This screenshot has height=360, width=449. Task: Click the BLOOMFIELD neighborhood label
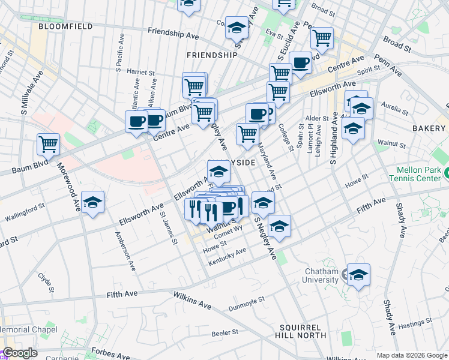(x=65, y=27)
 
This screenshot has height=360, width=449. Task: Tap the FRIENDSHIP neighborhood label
(x=212, y=55)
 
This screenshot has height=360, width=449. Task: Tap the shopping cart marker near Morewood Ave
(x=48, y=143)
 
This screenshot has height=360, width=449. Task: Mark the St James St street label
(x=169, y=231)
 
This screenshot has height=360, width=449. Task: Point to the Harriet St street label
(x=141, y=71)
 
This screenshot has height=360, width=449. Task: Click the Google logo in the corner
(x=20, y=353)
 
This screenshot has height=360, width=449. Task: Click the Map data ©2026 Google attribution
(x=412, y=355)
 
